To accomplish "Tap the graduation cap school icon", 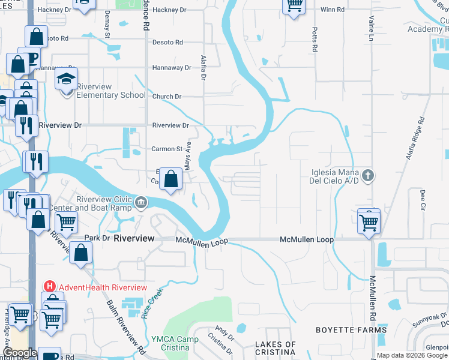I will pyautogui.click(x=66, y=79).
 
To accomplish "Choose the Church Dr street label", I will pyautogui.click(x=166, y=97).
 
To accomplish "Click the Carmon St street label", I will pyautogui.click(x=166, y=149).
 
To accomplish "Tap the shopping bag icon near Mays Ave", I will pyautogui.click(x=171, y=179).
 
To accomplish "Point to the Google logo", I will pyautogui.click(x=20, y=353).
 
